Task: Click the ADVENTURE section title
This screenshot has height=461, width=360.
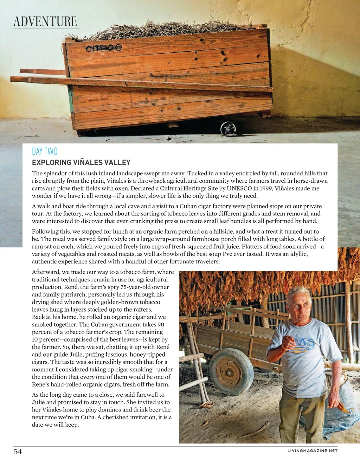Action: tap(45, 21)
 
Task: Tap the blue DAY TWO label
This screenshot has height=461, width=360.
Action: tap(45, 151)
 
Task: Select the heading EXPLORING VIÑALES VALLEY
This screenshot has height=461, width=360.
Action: tap(81, 162)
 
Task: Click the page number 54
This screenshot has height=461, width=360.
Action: tap(18, 452)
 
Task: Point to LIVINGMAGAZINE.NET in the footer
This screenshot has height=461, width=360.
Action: tap(312, 451)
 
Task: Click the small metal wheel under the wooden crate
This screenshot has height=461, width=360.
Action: tap(228, 129)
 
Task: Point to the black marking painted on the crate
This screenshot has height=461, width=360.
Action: tap(104, 47)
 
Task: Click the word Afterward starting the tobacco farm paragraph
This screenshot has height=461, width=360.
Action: tap(46, 272)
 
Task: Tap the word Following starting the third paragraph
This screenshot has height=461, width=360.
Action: tap(46, 231)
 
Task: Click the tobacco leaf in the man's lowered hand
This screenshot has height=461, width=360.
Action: tap(340, 407)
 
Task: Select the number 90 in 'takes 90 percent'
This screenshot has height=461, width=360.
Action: tap(160, 324)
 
